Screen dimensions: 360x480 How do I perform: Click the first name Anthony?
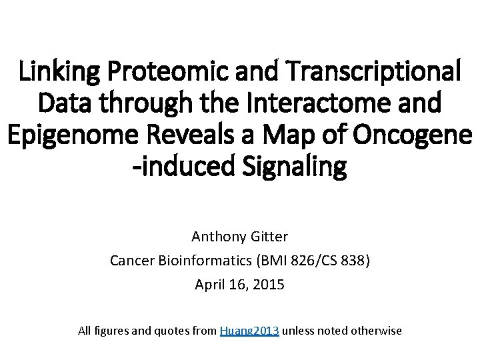(216, 236)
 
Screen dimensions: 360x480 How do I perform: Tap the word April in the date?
(209, 285)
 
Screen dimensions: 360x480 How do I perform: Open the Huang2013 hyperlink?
(249, 330)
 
